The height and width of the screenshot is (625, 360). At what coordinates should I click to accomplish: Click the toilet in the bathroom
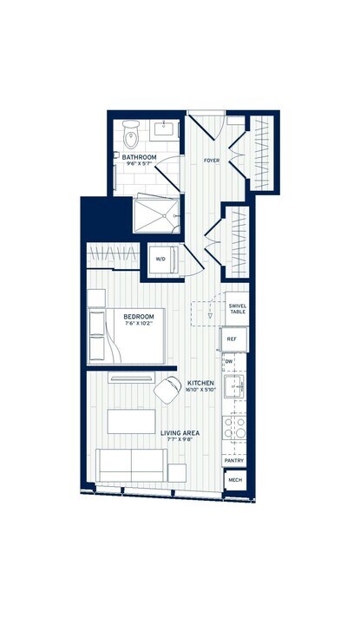point(131,136)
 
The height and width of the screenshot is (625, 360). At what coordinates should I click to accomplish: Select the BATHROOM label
point(139,157)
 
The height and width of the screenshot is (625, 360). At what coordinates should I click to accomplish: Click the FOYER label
point(210,161)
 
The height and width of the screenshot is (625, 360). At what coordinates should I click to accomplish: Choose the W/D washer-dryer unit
point(160,259)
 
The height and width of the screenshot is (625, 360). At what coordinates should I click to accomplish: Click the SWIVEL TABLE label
point(237,309)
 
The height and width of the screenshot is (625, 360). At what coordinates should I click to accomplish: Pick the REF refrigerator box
point(232,339)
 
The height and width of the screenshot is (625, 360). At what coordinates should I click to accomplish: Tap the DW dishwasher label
point(229,360)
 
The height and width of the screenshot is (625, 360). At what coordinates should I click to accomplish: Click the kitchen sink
point(234,388)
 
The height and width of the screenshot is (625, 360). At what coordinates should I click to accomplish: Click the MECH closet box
point(234,479)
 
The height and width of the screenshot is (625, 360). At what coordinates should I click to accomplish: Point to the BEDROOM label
point(139,317)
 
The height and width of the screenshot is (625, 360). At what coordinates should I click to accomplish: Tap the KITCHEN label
point(202,383)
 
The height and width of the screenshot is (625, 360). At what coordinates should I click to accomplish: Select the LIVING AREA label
point(180,433)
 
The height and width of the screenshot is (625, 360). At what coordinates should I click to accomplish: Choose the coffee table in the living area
point(131,422)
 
